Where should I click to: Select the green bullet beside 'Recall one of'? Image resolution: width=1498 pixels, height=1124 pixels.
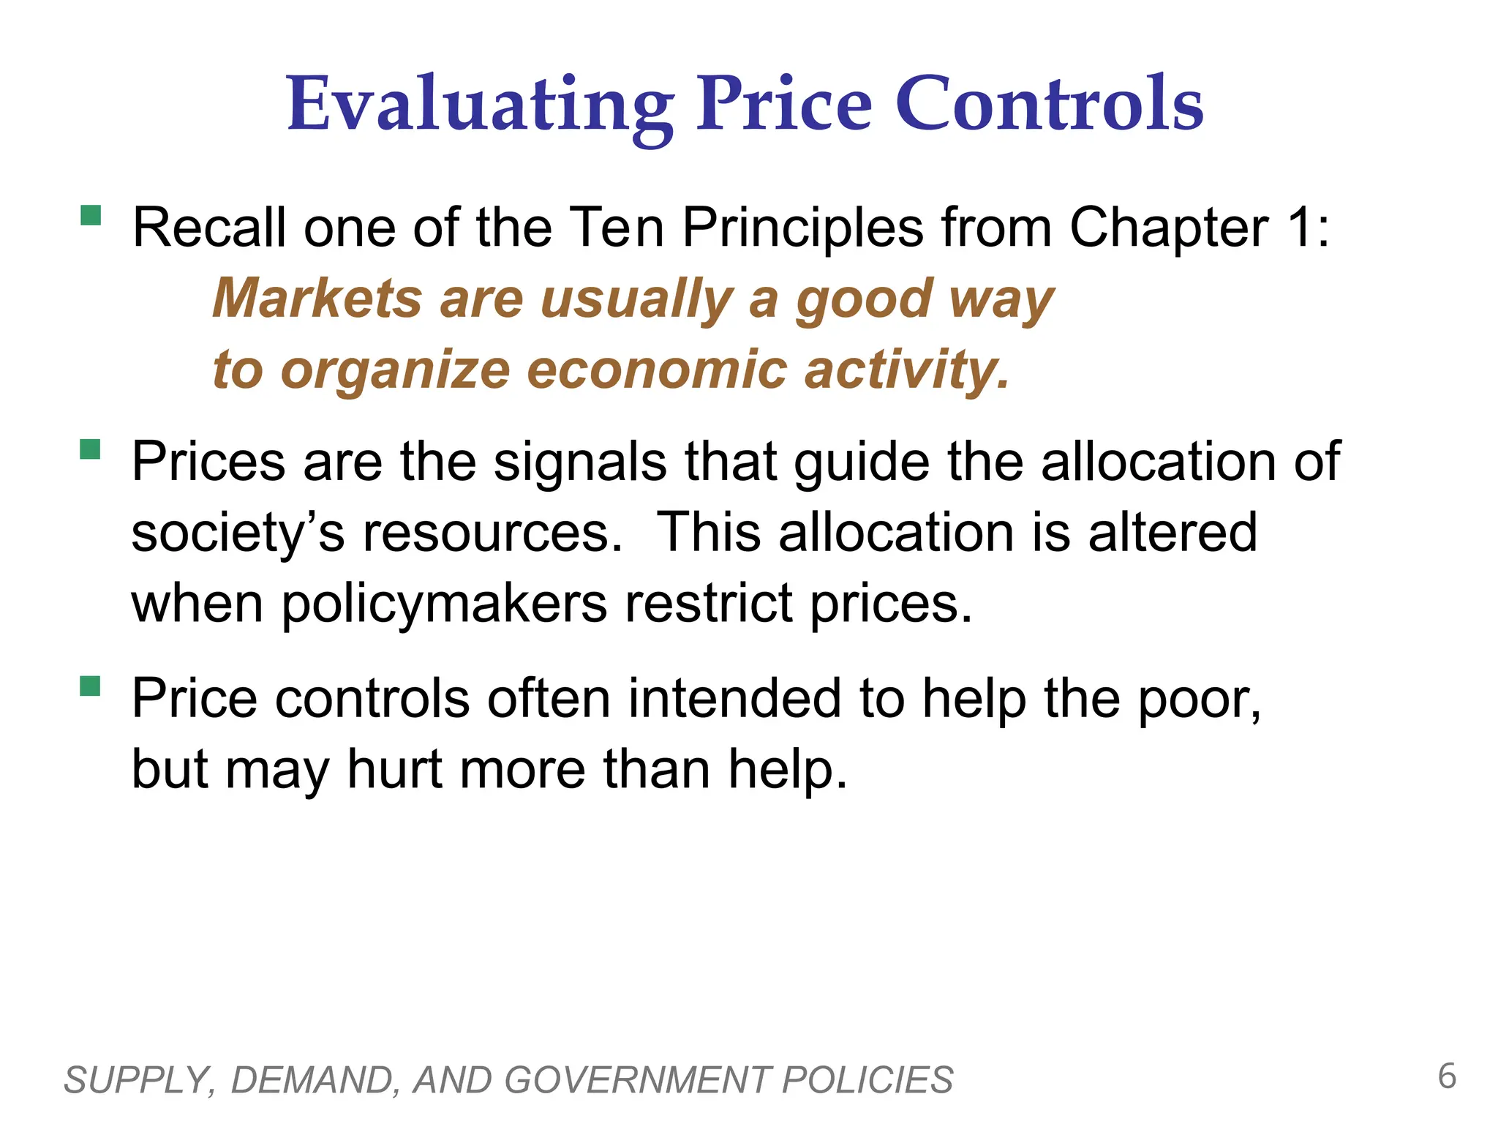coord(91,215)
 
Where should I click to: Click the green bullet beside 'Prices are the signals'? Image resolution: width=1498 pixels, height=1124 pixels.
coord(91,449)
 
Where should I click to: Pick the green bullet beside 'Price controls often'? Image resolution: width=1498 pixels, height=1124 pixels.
coord(91,686)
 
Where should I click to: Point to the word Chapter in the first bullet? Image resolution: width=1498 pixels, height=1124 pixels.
coord(1169,228)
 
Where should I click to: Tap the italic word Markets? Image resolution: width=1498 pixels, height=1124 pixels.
coord(317,299)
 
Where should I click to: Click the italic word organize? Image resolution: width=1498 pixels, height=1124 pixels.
coord(395,371)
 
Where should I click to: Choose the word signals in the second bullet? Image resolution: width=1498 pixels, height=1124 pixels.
coord(580,463)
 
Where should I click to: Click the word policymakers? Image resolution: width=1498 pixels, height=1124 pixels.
coord(444,605)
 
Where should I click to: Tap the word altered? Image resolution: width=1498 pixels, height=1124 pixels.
coord(1173,532)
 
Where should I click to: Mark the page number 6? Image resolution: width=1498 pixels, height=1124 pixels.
coord(1447,1076)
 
